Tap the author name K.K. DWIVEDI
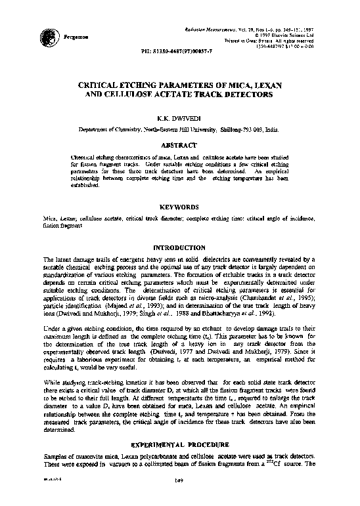click(x=179, y=119)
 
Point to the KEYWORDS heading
click(x=179, y=205)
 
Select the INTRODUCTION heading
click(x=179, y=247)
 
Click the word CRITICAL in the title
click(x=102, y=85)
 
